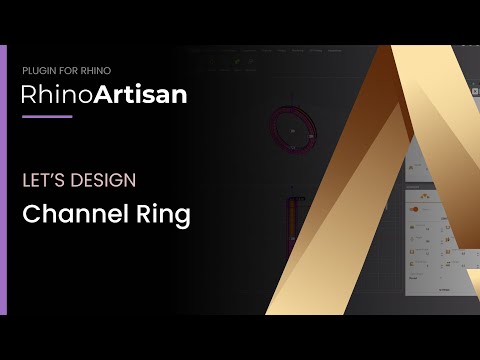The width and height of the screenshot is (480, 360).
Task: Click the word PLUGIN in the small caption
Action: [x=37, y=71]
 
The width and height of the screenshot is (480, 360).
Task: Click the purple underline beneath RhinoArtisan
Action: [x=47, y=117]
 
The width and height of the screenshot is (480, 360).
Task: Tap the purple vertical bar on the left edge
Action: [x=3, y=180]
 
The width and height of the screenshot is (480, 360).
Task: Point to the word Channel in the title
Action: [x=69, y=214]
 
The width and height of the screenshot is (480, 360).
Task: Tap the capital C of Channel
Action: [x=30, y=214]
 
